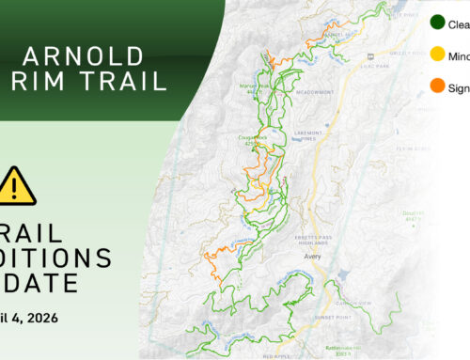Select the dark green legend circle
click(x=437, y=23)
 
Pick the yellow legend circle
click(x=437, y=55)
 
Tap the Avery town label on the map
click(x=314, y=255)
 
